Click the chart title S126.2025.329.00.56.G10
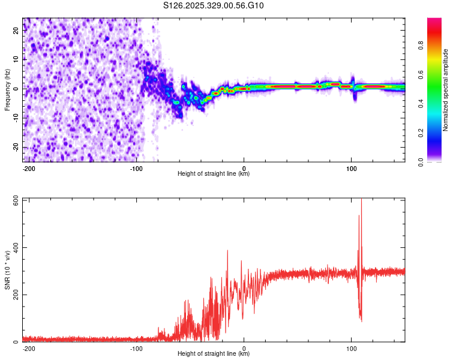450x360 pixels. pos(214,6)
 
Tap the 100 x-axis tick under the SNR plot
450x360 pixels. pos(352,348)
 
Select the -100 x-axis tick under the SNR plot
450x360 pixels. pos(136,348)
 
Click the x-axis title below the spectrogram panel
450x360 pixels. pos(214,174)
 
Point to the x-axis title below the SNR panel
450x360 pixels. pos(214,354)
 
